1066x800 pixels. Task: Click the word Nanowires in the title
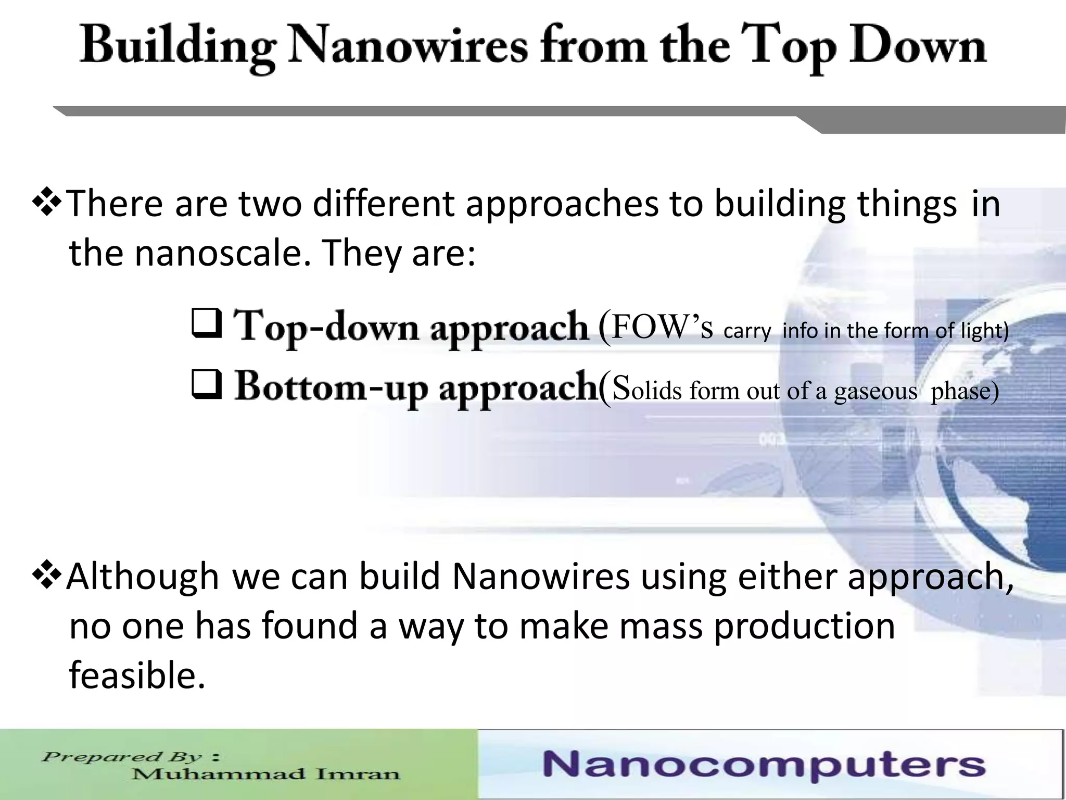coord(409,46)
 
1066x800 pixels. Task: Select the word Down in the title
coord(917,46)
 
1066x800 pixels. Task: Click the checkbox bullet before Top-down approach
coord(207,324)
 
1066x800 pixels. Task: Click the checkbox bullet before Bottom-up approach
coord(207,384)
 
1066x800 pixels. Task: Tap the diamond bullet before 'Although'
coord(47,576)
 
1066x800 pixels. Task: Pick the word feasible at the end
coord(137,675)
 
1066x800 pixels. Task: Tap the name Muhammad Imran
coord(265,774)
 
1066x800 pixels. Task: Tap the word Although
coord(143,577)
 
